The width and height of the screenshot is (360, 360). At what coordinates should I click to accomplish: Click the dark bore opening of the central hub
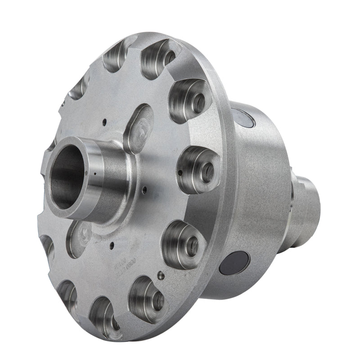pyautogui.click(x=67, y=178)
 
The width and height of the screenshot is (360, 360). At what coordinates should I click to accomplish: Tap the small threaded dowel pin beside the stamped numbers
pyautogui.click(x=161, y=276)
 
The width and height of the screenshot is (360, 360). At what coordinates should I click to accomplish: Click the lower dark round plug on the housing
pyautogui.click(x=234, y=262)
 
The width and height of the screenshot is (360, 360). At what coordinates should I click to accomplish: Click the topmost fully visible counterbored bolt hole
pyautogui.click(x=161, y=58)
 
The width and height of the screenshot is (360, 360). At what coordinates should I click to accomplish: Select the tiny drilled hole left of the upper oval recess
pyautogui.click(x=104, y=121)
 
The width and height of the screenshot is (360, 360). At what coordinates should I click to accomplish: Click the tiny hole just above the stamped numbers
pyautogui.click(x=111, y=245)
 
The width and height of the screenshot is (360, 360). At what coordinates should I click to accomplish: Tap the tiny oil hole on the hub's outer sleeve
pyautogui.click(x=95, y=172)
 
